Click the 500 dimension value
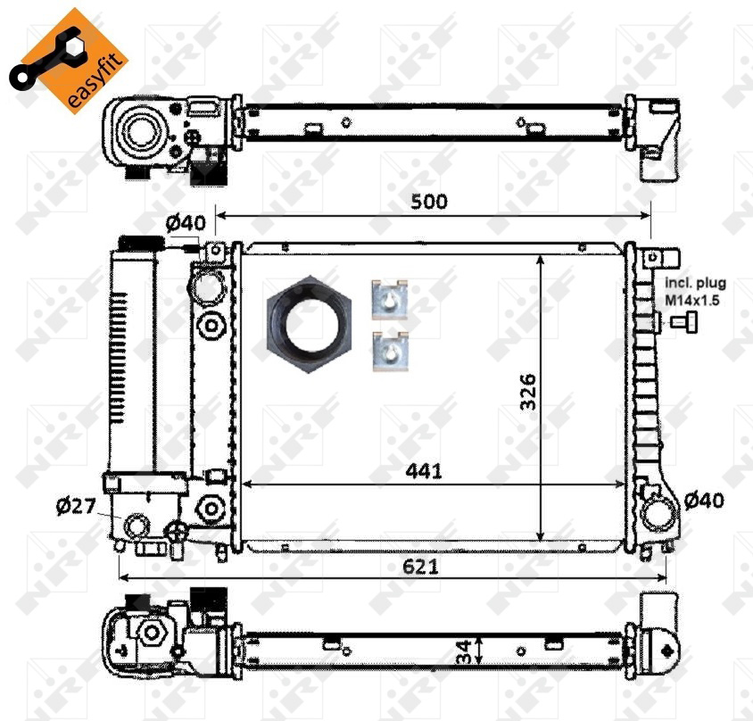click(429, 202)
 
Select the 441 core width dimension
click(424, 471)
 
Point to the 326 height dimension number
click(528, 391)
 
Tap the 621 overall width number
click(421, 567)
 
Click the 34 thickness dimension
click(463, 651)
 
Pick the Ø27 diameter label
click(76, 506)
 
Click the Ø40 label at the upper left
click(186, 223)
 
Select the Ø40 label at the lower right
click(704, 501)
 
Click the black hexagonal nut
click(310, 325)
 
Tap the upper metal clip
click(390, 300)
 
